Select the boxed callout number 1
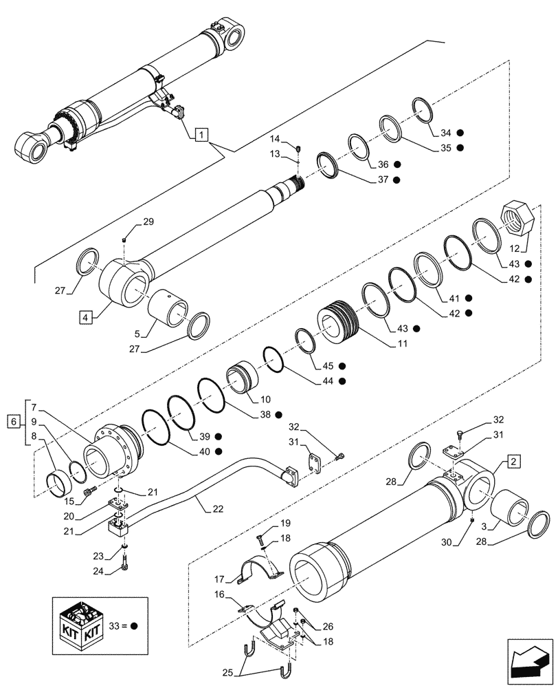[x=199, y=133]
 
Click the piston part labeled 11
[x=338, y=325]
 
